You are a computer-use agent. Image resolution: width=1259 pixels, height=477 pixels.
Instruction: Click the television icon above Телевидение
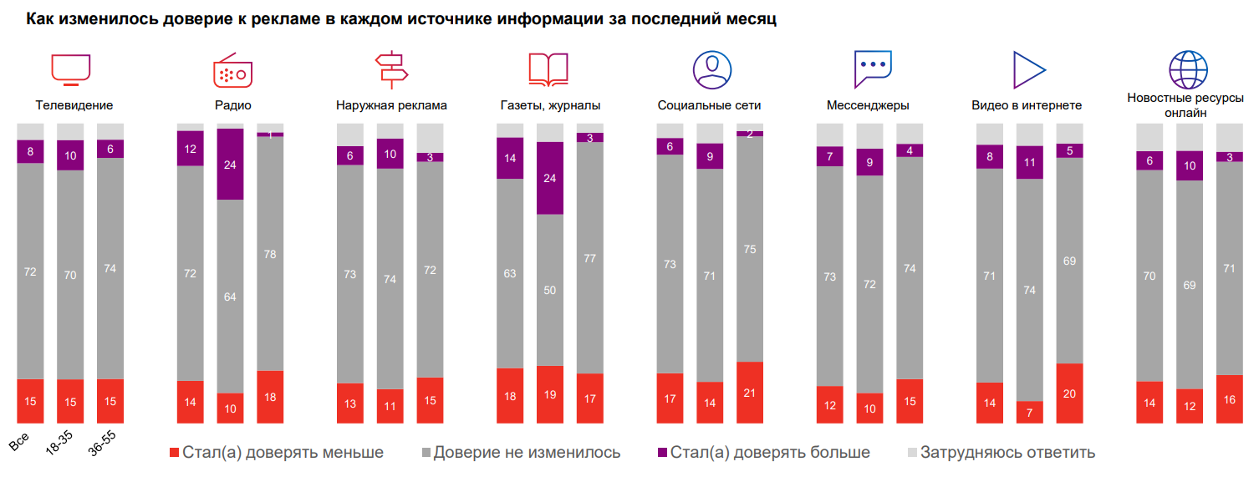point(70,69)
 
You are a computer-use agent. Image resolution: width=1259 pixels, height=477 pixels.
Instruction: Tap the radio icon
point(232,69)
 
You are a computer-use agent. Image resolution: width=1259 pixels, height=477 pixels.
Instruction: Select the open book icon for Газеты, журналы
point(548,69)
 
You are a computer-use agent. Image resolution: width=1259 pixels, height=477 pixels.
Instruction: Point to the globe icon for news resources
point(1188,69)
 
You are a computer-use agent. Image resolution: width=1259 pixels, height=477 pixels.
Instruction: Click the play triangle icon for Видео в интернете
point(1027,69)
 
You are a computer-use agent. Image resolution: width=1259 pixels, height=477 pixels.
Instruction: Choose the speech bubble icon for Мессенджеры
point(873,69)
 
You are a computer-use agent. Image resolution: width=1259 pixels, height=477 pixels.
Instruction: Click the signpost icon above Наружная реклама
point(390,69)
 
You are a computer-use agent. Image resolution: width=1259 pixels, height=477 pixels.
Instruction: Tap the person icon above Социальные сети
point(711,69)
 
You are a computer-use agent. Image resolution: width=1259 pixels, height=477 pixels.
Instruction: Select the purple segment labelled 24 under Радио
point(230,165)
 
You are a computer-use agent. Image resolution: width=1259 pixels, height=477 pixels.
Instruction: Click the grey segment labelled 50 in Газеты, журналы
point(550,290)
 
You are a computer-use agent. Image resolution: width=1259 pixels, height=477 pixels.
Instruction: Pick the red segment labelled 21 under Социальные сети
point(750,393)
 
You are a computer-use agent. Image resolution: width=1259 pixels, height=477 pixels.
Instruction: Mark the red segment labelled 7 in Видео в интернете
point(1029,413)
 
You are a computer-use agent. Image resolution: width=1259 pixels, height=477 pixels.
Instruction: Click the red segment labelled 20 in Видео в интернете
point(1069,393)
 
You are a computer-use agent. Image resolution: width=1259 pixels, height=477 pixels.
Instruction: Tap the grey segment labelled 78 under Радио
point(270,253)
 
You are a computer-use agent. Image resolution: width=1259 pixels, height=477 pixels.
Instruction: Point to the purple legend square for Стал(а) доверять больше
point(662,453)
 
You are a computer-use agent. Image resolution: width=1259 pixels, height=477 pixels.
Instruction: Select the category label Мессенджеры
point(868,105)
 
